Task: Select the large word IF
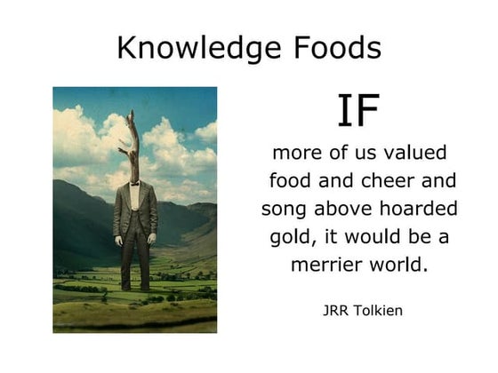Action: (358, 111)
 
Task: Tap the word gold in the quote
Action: (291, 238)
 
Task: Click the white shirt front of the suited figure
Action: (134, 195)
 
